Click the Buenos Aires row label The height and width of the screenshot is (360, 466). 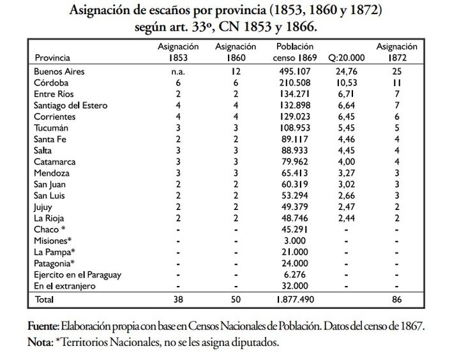pyautogui.click(x=59, y=71)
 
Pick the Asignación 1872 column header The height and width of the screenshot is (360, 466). pyautogui.click(x=396, y=52)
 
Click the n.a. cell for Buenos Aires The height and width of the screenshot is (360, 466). pyautogui.click(x=178, y=71)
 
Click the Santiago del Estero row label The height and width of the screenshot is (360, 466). pyautogui.click(x=71, y=106)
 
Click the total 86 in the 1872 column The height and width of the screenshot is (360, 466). pyautogui.click(x=396, y=299)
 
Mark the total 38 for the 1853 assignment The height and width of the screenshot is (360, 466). pyautogui.click(x=178, y=299)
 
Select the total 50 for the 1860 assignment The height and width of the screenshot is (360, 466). pyautogui.click(x=236, y=299)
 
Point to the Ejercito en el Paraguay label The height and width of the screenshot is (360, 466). pyautogui.click(x=79, y=275)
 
